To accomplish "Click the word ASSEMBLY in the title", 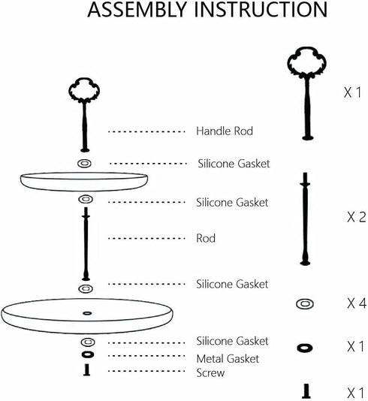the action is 137,10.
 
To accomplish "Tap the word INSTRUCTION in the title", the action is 261,10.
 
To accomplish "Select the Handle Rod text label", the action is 225,131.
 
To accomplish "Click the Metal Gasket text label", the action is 228,358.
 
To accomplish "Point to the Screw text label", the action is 210,372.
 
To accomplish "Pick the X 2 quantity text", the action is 357,217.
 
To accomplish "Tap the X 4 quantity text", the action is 357,303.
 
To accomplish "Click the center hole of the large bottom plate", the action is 87,313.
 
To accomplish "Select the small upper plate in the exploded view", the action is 84,182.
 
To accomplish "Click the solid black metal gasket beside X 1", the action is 305,348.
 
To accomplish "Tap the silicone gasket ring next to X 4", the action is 305,304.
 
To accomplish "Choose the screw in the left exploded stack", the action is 87,369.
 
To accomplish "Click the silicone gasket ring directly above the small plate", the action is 84,163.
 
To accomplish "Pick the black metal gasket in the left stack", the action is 87,354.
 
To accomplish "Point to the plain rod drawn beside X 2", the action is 305,219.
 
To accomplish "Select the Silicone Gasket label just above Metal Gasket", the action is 232,341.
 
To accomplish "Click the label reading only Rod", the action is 206,238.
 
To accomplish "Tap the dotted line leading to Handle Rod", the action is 146,131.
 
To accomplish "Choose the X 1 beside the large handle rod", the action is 352,92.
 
